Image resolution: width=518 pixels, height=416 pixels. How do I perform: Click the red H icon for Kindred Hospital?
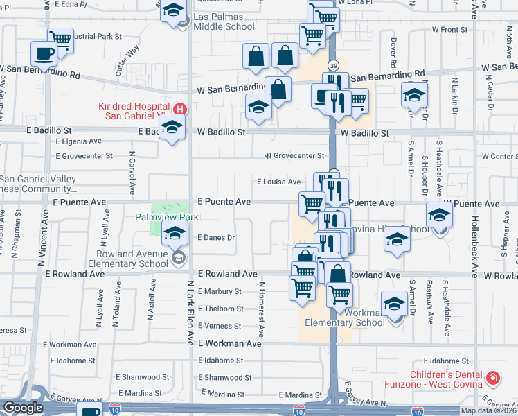pos(180,110)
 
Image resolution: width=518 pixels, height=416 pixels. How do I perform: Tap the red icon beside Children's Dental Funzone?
pos(492,378)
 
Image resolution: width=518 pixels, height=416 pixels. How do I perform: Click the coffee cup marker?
pos(45,53)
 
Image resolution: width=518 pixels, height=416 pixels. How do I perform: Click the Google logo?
pos(23,408)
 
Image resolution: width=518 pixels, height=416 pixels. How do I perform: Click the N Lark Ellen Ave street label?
pos(190,313)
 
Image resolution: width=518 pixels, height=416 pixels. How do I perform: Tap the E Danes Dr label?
pos(217,238)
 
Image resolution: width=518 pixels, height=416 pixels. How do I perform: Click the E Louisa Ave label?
pos(278,182)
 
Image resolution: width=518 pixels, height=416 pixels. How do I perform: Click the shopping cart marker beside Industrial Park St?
pos(61,39)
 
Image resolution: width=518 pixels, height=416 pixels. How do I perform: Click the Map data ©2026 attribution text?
pos(488,410)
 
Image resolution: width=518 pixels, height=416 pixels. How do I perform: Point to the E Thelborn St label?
pos(220,309)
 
